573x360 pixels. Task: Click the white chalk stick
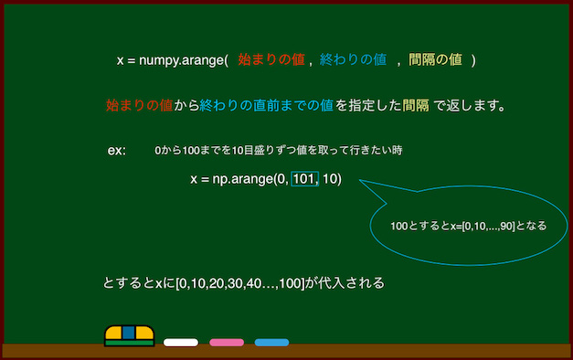[181, 343]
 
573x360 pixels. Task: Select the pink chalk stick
[227, 343]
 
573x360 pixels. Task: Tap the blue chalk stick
[271, 343]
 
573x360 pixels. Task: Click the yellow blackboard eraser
[129, 335]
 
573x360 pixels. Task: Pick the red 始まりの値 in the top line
[270, 60]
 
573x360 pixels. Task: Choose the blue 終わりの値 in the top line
[353, 60]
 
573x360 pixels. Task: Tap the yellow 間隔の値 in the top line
[435, 60]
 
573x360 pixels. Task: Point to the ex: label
[117, 150]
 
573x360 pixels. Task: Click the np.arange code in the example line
[265, 179]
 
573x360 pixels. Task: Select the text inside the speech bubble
[468, 224]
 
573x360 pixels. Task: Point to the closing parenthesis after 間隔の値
[472, 60]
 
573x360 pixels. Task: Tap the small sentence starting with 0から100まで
[279, 150]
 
